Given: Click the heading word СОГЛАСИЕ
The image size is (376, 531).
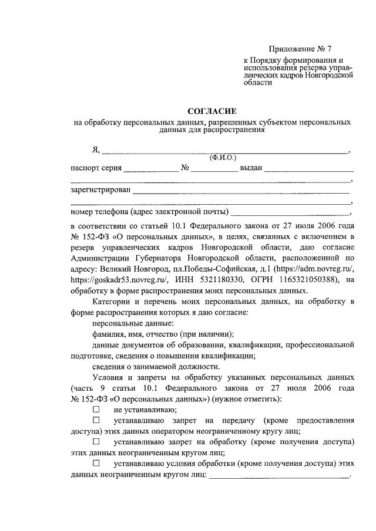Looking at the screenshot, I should pyautogui.click(x=211, y=111).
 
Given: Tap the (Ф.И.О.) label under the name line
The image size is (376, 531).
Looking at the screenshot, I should pyautogui.click(x=222, y=157).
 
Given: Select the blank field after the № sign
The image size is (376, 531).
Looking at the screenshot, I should pyautogui.click(x=214, y=170).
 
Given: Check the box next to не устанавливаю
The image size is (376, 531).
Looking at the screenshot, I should pyautogui.click(x=96, y=410).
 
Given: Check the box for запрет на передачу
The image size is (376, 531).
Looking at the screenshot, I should pyautogui.click(x=96, y=421).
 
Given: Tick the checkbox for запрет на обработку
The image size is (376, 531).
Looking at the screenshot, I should pyautogui.click(x=96, y=440).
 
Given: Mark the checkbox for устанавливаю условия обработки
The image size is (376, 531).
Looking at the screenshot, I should pyautogui.click(x=96, y=464).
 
